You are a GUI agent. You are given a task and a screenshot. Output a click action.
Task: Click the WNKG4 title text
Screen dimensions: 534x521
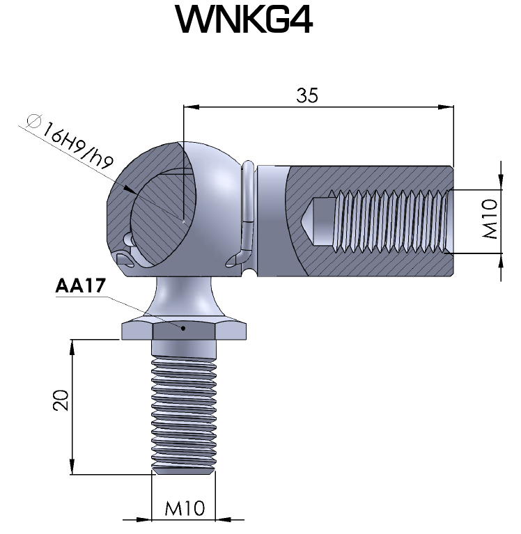coord(244,21)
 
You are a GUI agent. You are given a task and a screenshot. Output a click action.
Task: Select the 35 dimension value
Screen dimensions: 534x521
coord(306,96)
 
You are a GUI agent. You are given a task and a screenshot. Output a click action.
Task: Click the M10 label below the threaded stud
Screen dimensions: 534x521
coord(185,509)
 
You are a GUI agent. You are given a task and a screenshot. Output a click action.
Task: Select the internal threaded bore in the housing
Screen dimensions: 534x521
coord(390,220)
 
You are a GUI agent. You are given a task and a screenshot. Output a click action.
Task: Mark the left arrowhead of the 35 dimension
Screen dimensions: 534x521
coord(188,107)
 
